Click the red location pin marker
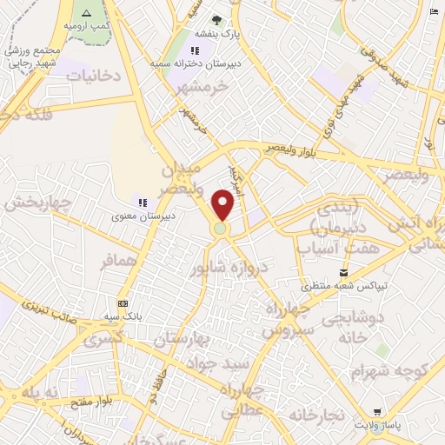click(x=223, y=204)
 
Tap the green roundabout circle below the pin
click(x=221, y=229)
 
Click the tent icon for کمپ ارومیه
click(x=85, y=12)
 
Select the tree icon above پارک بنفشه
click(x=216, y=20)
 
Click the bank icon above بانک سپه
click(x=123, y=303)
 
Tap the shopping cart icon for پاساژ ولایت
click(x=375, y=411)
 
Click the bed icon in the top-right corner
click(x=434, y=12)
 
